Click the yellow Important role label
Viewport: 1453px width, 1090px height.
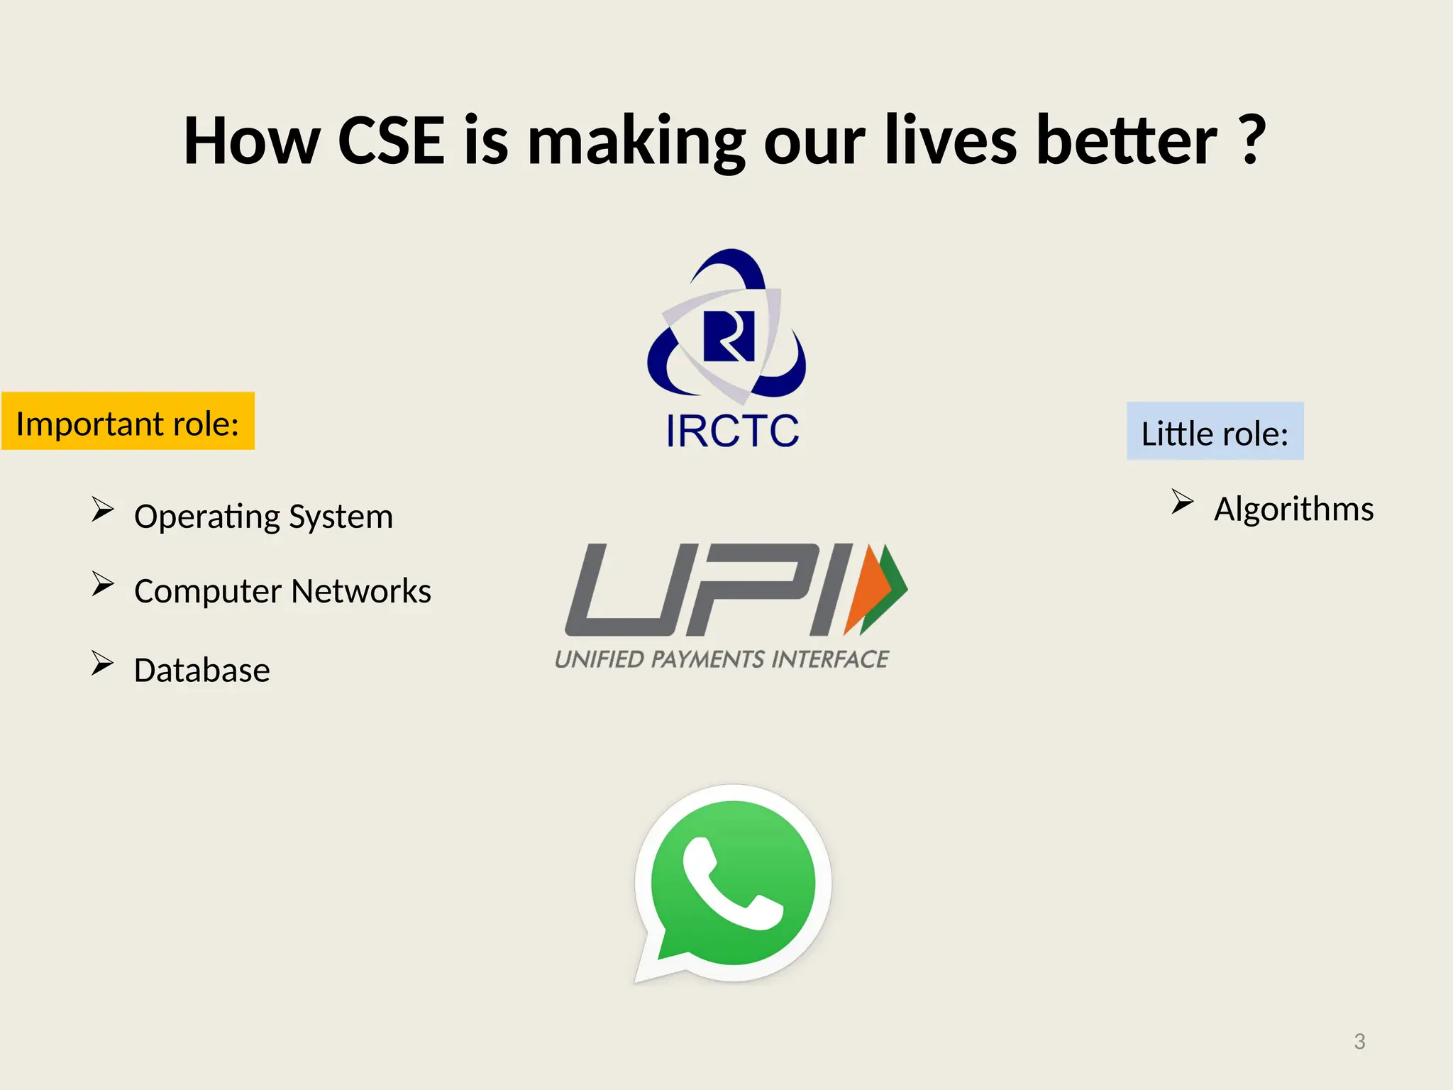(x=128, y=422)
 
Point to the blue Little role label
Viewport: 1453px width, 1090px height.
(x=1215, y=432)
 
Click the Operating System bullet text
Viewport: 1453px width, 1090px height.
(x=263, y=516)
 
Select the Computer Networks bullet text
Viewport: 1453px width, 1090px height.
(x=282, y=590)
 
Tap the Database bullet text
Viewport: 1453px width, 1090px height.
(x=202, y=670)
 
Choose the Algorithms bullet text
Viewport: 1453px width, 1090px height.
(x=1293, y=509)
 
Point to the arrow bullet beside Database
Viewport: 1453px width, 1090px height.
(x=102, y=663)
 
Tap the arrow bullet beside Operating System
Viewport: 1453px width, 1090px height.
(x=102, y=509)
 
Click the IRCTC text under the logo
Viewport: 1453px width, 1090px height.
(x=732, y=431)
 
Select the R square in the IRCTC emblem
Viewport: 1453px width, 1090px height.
(x=729, y=336)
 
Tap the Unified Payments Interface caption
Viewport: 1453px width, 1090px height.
(x=722, y=659)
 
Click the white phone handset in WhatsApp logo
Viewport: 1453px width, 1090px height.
(x=731, y=883)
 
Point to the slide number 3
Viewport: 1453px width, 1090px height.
(x=1359, y=1041)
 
